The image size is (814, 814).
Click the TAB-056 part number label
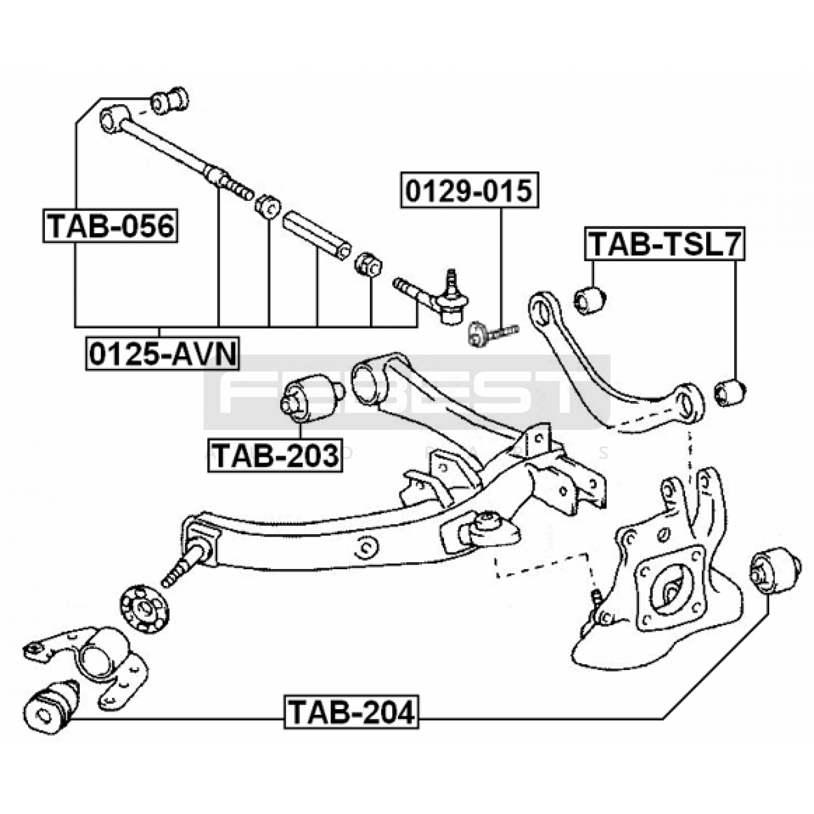110,225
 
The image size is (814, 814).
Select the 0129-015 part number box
469,190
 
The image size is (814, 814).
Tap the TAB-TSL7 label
664,244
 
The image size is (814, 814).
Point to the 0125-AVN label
162,354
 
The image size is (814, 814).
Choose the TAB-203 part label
275,455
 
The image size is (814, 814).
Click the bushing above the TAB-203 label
311,398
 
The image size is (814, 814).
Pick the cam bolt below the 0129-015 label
491,332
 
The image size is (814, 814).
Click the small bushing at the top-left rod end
170,100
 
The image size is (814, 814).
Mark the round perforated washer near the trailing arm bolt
144,609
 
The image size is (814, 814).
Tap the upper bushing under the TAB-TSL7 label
590,300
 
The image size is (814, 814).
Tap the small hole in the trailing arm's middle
366,547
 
